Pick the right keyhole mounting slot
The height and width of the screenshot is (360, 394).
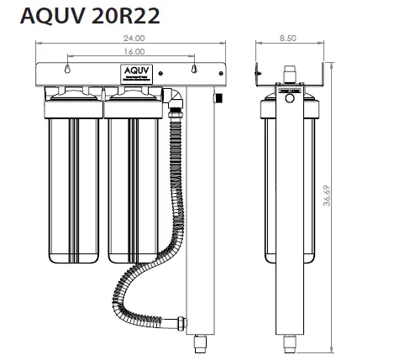(194, 70)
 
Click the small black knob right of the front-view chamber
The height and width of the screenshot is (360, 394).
(217, 100)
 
